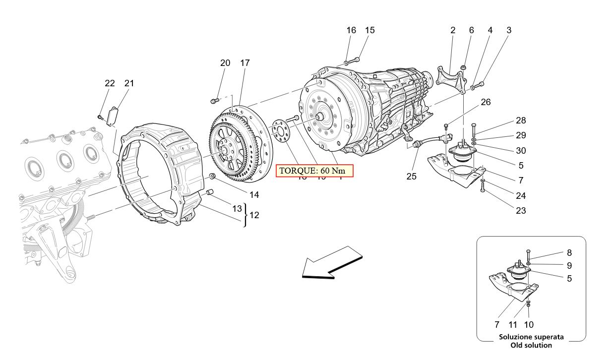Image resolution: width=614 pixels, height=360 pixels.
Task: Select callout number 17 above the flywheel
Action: pos(245,63)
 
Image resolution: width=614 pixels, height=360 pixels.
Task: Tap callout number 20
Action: pos(225,63)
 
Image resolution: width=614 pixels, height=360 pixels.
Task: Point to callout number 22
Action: pos(110,83)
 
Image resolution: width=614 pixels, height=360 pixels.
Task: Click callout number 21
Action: pos(129,83)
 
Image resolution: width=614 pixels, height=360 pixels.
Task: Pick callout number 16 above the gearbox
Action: pos(351,30)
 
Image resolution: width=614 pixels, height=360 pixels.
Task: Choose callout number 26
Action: pos(486,102)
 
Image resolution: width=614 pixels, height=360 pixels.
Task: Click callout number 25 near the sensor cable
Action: pos(412,176)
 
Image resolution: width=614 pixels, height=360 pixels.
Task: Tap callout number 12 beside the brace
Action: pos(254,216)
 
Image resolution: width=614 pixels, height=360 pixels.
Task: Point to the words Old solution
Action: pos(531,345)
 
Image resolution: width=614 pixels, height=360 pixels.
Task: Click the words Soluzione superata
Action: pos(531,337)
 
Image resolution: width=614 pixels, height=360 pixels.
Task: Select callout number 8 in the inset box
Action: pos(569,252)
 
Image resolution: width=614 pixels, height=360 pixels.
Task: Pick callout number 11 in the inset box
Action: pos(513,325)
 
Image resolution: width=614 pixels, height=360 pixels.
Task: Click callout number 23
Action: pos(520,210)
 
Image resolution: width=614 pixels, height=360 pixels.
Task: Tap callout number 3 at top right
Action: pos(508,30)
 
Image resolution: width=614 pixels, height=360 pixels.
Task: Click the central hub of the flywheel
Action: pos(223,149)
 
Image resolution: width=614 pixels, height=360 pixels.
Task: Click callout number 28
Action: pos(520,120)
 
